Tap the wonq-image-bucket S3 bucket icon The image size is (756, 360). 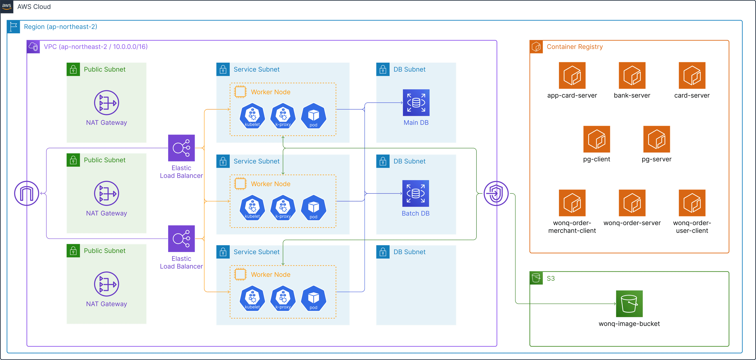click(x=629, y=304)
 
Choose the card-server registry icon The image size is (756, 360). click(x=692, y=75)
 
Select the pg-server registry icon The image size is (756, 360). click(x=657, y=139)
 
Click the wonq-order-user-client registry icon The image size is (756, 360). click(x=692, y=203)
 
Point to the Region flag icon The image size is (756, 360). click(x=13, y=27)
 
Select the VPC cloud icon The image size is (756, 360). click(x=33, y=47)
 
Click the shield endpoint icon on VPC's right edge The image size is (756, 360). click(x=496, y=193)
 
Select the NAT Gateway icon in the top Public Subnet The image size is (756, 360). click(x=106, y=103)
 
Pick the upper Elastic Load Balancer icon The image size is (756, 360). click(x=181, y=148)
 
